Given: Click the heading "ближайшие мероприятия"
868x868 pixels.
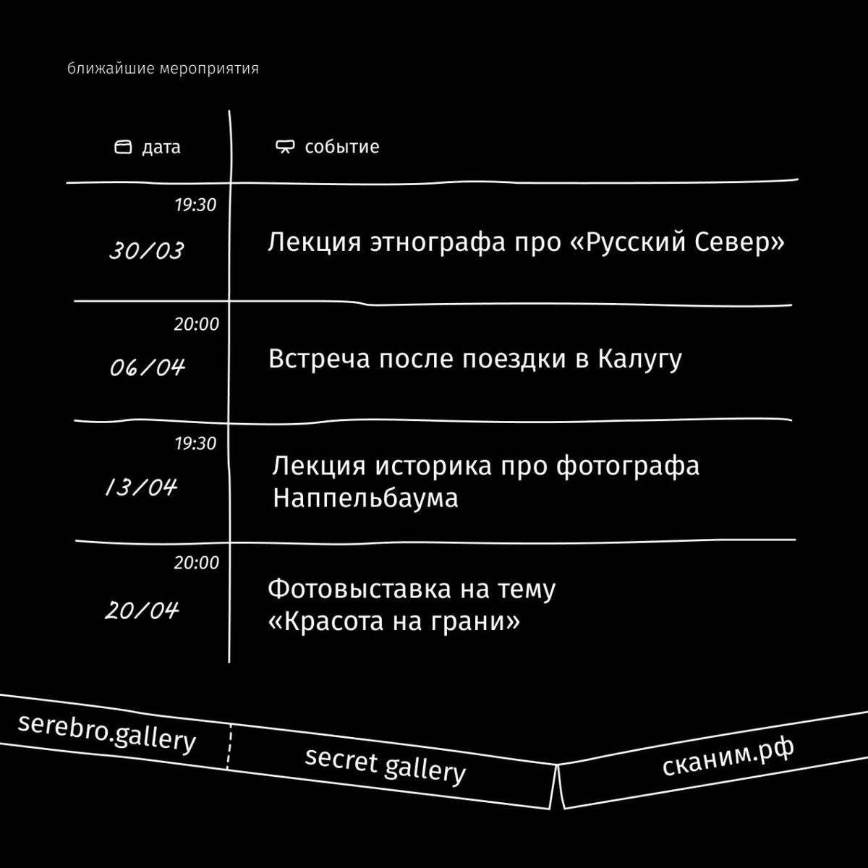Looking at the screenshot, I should [x=163, y=69].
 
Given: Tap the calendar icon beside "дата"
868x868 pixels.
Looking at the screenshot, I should [x=124, y=148].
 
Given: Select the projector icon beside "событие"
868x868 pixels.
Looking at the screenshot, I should [x=285, y=148].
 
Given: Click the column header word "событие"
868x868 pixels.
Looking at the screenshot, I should [x=342, y=147].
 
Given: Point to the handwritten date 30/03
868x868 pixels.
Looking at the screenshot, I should [x=147, y=251].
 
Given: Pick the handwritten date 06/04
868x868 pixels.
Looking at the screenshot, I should [x=148, y=368].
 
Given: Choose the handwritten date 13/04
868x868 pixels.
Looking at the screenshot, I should [x=141, y=488].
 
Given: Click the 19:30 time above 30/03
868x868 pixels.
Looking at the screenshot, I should [x=195, y=205].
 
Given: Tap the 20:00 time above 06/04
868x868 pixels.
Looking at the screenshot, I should [x=196, y=325].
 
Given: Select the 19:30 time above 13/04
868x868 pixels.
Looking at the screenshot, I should [x=195, y=443].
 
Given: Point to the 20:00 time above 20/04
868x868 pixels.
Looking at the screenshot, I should [x=196, y=563].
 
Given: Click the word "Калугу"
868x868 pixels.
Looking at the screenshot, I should [x=640, y=359].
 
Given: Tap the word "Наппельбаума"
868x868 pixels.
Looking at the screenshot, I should [x=365, y=499].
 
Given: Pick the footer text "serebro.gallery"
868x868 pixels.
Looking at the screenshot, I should [x=106, y=732].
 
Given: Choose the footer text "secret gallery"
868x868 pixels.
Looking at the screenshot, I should [x=385, y=765].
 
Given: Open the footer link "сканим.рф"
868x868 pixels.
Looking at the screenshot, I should [x=728, y=757].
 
